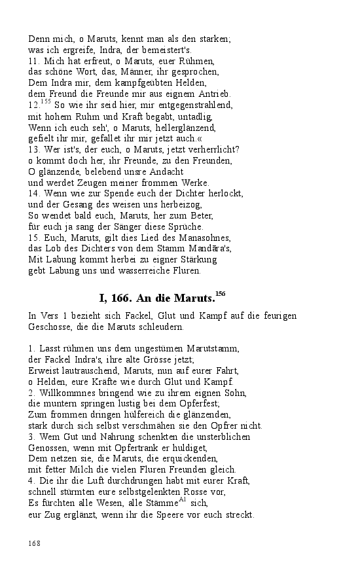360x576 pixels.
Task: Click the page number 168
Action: tap(35, 543)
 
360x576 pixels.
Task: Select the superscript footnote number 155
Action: tap(45, 101)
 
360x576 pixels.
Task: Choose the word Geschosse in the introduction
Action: tap(50, 327)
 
